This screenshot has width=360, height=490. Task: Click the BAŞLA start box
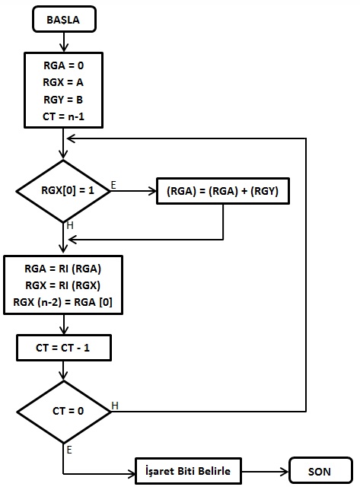pyautogui.click(x=64, y=19)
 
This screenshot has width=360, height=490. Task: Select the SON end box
pyautogui.click(x=320, y=470)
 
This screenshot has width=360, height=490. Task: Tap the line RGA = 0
pyautogui.click(x=63, y=65)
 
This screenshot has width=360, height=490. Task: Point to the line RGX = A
pyautogui.click(x=63, y=82)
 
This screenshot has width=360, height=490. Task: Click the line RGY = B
pyautogui.click(x=63, y=100)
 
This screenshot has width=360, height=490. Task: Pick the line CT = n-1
pyautogui.click(x=63, y=116)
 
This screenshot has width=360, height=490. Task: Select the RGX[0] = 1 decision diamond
pyautogui.click(x=63, y=191)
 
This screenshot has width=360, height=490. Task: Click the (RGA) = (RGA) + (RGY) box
pyautogui.click(x=223, y=191)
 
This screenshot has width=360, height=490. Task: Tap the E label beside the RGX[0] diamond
pyautogui.click(x=113, y=185)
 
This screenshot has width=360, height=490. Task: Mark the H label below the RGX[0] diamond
pyautogui.click(x=70, y=225)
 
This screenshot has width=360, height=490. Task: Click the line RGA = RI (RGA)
pyautogui.click(x=63, y=269)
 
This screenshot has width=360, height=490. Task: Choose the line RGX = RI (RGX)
pyautogui.click(x=63, y=285)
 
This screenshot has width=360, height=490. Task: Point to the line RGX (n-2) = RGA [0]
pyautogui.click(x=63, y=302)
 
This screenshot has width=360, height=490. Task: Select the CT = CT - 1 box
pyautogui.click(x=64, y=348)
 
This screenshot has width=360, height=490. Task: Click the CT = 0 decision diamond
pyautogui.click(x=64, y=412)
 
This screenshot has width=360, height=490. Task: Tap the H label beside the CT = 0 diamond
pyautogui.click(x=115, y=406)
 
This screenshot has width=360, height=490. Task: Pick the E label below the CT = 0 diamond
pyautogui.click(x=69, y=450)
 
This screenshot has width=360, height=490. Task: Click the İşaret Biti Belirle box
pyautogui.click(x=188, y=471)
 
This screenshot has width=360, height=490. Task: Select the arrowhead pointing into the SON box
pyautogui.click(x=285, y=472)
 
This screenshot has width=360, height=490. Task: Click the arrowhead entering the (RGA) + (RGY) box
pyautogui.click(x=152, y=191)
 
